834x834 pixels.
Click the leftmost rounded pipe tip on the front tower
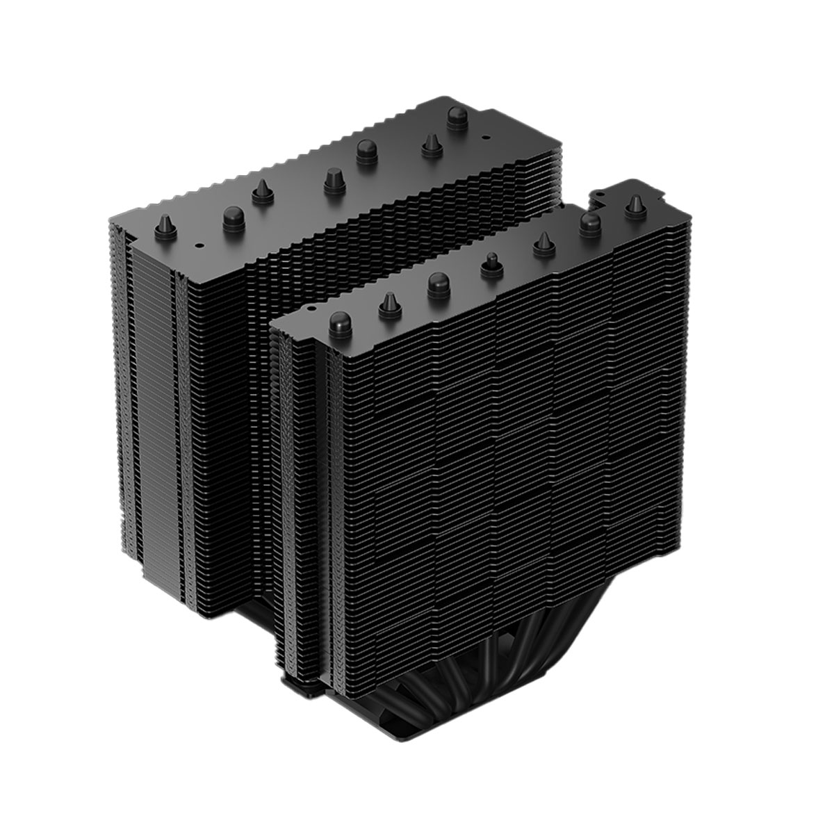pyautogui.click(x=338, y=321)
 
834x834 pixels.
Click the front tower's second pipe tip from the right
pyautogui.click(x=590, y=222)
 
